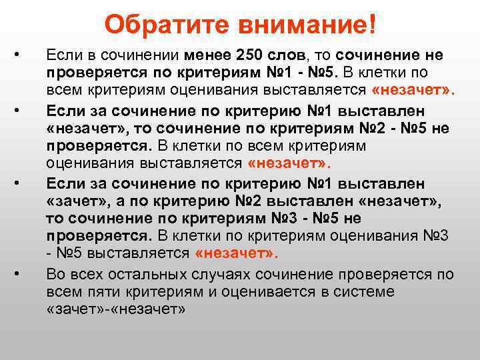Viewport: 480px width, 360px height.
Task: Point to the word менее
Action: click(207, 55)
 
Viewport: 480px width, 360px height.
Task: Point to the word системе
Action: click(361, 291)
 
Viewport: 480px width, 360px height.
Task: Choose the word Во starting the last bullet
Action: click(55, 273)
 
